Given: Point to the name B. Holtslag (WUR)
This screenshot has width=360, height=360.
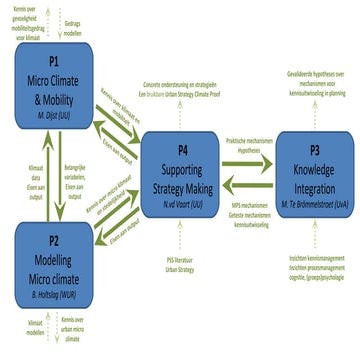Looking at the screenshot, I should pyautogui.click(x=52, y=293).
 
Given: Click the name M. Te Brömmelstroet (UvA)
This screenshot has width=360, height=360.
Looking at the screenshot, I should pyautogui.click(x=308, y=204).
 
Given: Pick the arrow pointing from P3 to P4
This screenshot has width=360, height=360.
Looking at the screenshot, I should pyautogui.click(x=245, y=182).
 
